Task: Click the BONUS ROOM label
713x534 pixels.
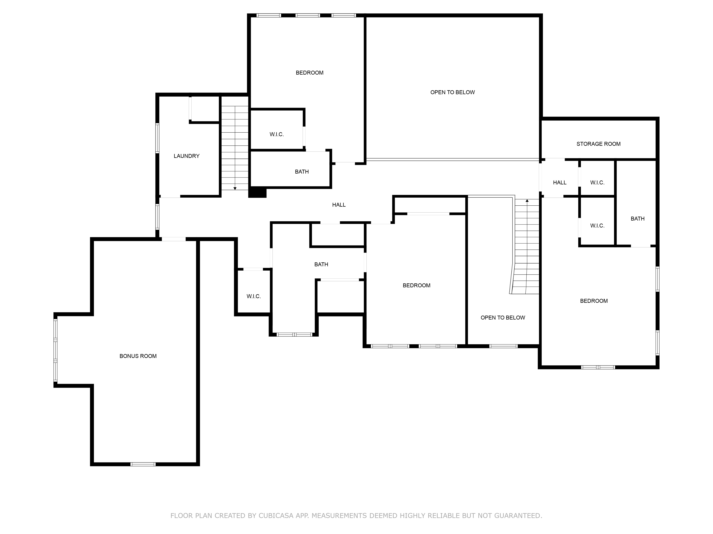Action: (138, 356)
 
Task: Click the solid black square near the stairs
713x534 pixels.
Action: (257, 192)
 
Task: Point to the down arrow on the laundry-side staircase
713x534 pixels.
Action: (235, 188)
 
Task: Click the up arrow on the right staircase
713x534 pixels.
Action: (527, 201)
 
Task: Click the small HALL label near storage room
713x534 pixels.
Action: (560, 182)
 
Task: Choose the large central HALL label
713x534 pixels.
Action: (339, 205)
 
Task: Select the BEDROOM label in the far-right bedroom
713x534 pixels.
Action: (594, 301)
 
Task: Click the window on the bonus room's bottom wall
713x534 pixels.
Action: (143, 464)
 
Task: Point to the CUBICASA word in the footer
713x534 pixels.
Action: (276, 516)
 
